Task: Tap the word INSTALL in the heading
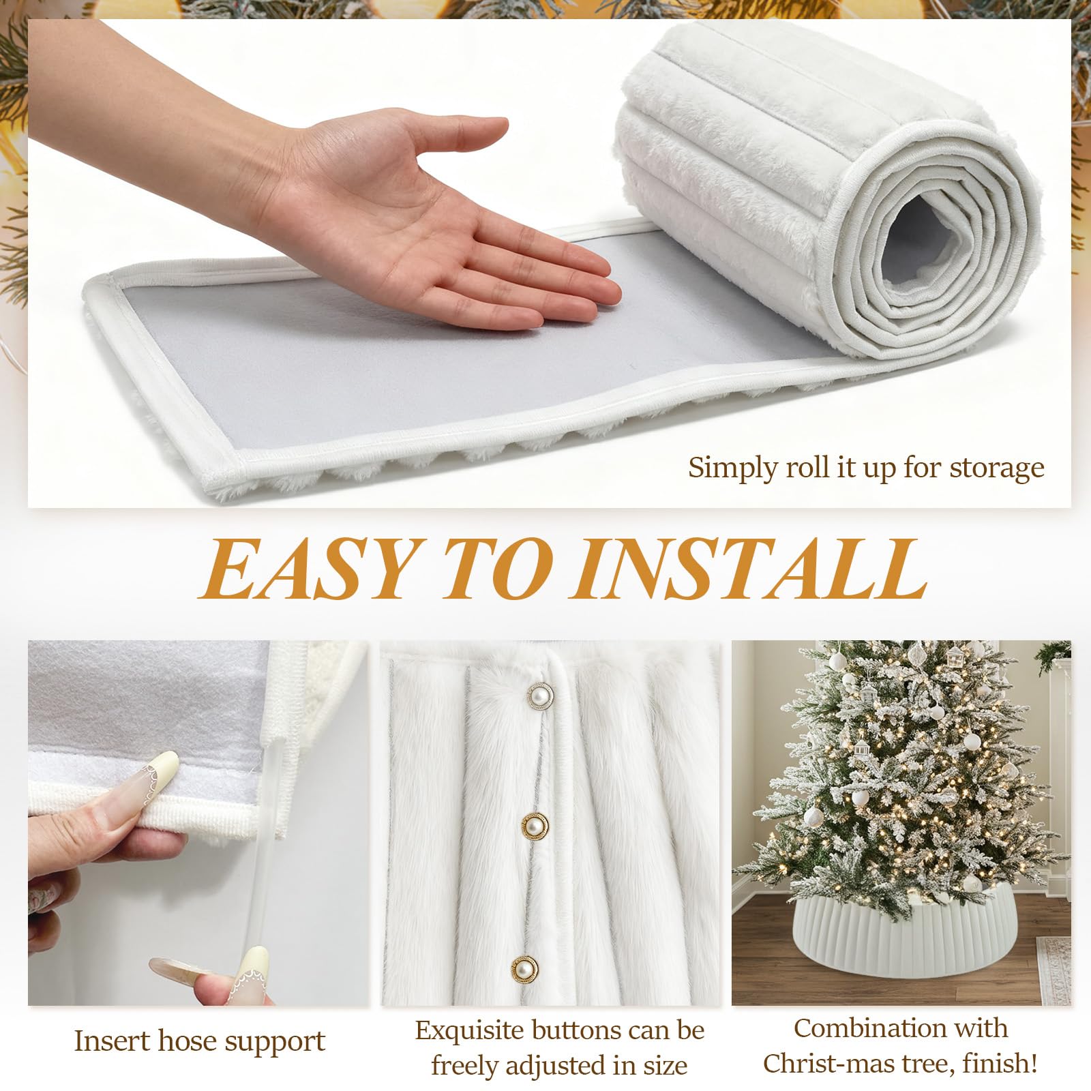(750, 569)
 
